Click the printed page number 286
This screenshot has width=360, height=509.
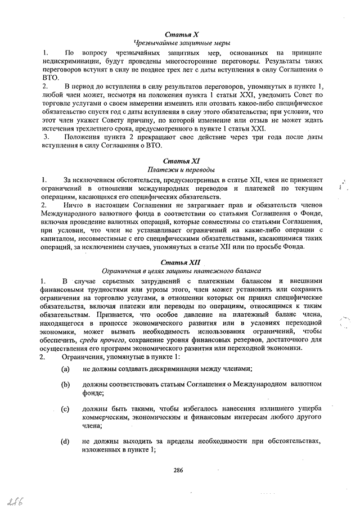[178, 470]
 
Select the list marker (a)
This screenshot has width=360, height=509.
[66, 368]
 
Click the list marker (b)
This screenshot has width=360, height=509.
[66, 385]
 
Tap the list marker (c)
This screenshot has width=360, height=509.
[66, 409]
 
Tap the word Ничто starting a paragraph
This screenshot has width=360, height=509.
[73, 206]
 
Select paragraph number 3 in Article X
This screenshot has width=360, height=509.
[46, 137]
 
